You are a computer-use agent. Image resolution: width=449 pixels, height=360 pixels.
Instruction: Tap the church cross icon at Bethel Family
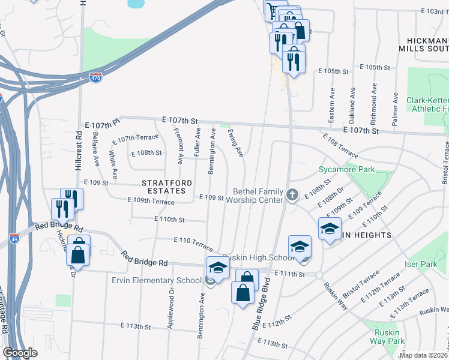[292, 194]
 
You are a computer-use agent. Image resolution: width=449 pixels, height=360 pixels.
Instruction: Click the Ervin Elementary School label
[155, 280]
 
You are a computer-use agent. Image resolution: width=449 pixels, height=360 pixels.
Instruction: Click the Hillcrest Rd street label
[79, 151]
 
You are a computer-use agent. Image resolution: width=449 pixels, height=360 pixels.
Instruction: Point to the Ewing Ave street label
[236, 145]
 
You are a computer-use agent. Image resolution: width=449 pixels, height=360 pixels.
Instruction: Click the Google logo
[20, 353]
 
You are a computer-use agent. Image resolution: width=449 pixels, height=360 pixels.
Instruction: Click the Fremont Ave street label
[178, 146]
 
